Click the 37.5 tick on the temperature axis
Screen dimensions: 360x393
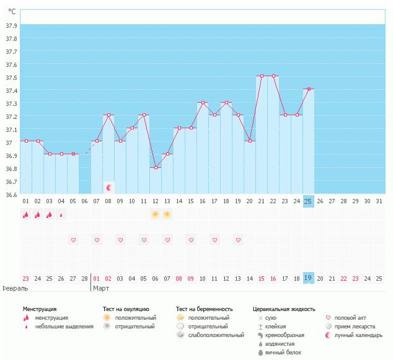pyautogui.click(x=11, y=77)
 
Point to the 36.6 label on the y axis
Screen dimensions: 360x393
pyautogui.click(x=11, y=195)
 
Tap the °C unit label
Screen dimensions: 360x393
pyautogui.click(x=12, y=12)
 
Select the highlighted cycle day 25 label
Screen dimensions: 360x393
pyautogui.click(x=308, y=201)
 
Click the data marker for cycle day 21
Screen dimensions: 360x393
pyautogui.click(x=262, y=76)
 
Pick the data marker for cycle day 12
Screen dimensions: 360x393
pyautogui.click(x=156, y=167)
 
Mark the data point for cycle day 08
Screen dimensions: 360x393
pyautogui.click(x=108, y=115)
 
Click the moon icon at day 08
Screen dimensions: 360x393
pyautogui.click(x=109, y=187)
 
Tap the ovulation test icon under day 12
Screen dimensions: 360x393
pyautogui.click(x=156, y=214)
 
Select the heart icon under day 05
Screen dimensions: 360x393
pyautogui.click(x=73, y=240)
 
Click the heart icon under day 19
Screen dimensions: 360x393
pyautogui.click(x=238, y=240)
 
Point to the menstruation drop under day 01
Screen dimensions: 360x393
pyautogui.click(x=26, y=214)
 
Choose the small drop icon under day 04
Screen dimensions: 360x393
pyautogui.click(x=61, y=215)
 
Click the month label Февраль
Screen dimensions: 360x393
pyautogui.click(x=15, y=288)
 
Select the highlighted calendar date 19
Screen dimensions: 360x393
pyautogui.click(x=308, y=278)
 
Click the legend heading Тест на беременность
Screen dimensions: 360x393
pyautogui.click(x=204, y=309)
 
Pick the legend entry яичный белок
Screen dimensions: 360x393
pyautogui.click(x=283, y=353)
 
